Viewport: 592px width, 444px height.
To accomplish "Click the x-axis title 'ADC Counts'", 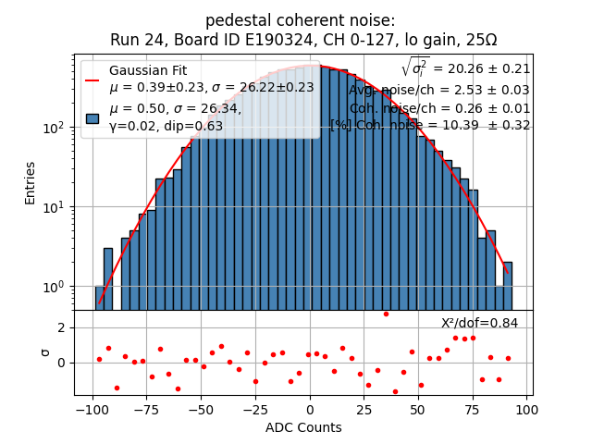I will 303,427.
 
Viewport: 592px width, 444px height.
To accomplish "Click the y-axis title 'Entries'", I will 31,182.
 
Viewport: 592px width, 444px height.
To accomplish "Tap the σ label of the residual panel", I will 44,351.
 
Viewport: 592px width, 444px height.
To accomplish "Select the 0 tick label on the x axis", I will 310,410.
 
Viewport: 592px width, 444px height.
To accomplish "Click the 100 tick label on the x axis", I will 527,410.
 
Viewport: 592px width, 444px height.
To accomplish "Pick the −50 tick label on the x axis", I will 200,410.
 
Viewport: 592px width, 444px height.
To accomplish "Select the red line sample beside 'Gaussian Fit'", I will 92,80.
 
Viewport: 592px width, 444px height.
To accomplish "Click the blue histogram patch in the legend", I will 92,117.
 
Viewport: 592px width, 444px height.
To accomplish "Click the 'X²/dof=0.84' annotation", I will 479,323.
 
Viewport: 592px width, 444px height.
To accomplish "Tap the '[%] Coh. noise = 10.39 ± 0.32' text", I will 430,125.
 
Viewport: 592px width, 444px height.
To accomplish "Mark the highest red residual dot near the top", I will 386,314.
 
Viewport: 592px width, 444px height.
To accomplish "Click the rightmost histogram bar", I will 508,286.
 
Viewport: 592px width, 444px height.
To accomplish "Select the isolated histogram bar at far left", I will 108,278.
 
